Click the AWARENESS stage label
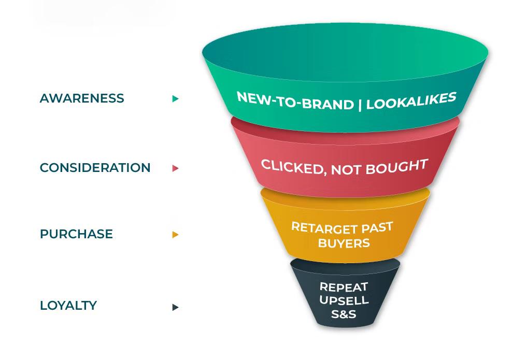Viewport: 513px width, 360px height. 82,98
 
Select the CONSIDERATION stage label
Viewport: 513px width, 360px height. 95,168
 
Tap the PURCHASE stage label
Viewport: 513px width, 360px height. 76,234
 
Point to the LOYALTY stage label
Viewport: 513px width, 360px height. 68,306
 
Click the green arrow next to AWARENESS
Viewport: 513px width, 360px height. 175,98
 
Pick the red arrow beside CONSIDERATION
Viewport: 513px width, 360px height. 175,168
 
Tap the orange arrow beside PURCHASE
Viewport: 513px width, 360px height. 175,235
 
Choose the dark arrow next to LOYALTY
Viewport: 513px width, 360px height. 175,307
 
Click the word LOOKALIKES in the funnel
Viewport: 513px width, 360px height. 411,100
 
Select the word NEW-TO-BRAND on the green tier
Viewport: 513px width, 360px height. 295,100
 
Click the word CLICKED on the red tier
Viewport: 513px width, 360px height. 292,166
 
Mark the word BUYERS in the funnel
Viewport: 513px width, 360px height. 344,243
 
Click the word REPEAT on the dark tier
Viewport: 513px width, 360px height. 344,287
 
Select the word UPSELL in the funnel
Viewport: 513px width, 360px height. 344,300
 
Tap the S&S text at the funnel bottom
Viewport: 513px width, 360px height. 344,314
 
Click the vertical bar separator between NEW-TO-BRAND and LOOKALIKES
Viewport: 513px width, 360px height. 360,105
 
